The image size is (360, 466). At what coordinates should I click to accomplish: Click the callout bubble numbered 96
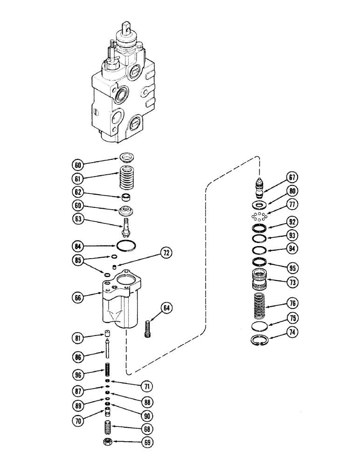[78, 373]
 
